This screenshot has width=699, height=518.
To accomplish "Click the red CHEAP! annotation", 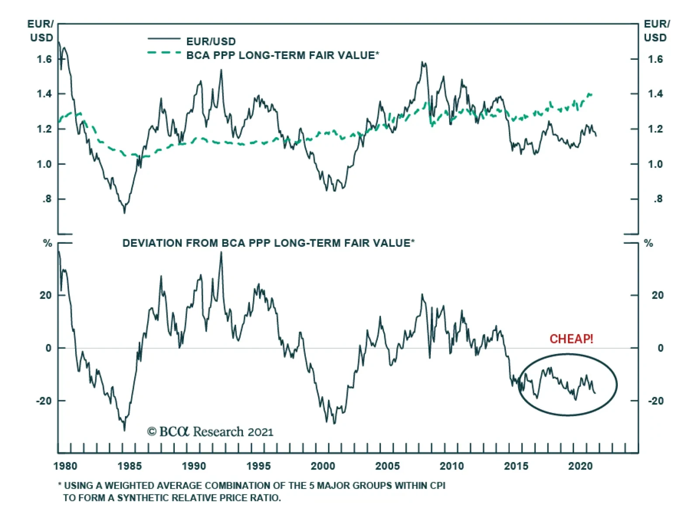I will tap(571, 339).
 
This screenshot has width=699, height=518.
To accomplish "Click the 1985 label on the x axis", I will tap(129, 466).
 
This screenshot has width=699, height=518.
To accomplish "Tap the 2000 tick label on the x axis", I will tap(323, 466).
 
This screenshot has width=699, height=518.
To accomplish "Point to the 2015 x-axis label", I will tap(516, 466).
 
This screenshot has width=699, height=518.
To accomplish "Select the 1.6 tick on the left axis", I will tap(44, 59).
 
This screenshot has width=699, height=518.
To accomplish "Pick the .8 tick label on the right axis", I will tap(658, 199).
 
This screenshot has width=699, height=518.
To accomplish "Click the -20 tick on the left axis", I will tap(44, 401).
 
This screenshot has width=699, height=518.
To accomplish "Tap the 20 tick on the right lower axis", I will tap(657, 296).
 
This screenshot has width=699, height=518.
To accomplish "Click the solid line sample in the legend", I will tap(164, 39).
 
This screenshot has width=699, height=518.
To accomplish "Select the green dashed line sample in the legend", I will tap(164, 53).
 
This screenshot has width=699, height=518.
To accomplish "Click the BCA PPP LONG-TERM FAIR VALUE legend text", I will tap(283, 55).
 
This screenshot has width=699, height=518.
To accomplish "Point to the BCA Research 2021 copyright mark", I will tap(210, 432).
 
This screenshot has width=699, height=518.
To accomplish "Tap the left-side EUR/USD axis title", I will tap(41, 31).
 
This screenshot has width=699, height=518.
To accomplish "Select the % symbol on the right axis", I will tap(649, 243).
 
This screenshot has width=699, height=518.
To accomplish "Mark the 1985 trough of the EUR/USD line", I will tap(125, 212).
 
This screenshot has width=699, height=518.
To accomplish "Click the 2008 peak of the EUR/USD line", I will tap(422, 62).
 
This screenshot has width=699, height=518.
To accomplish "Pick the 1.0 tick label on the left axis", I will tap(44, 165).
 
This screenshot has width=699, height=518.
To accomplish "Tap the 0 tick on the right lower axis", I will tap(660, 349).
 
